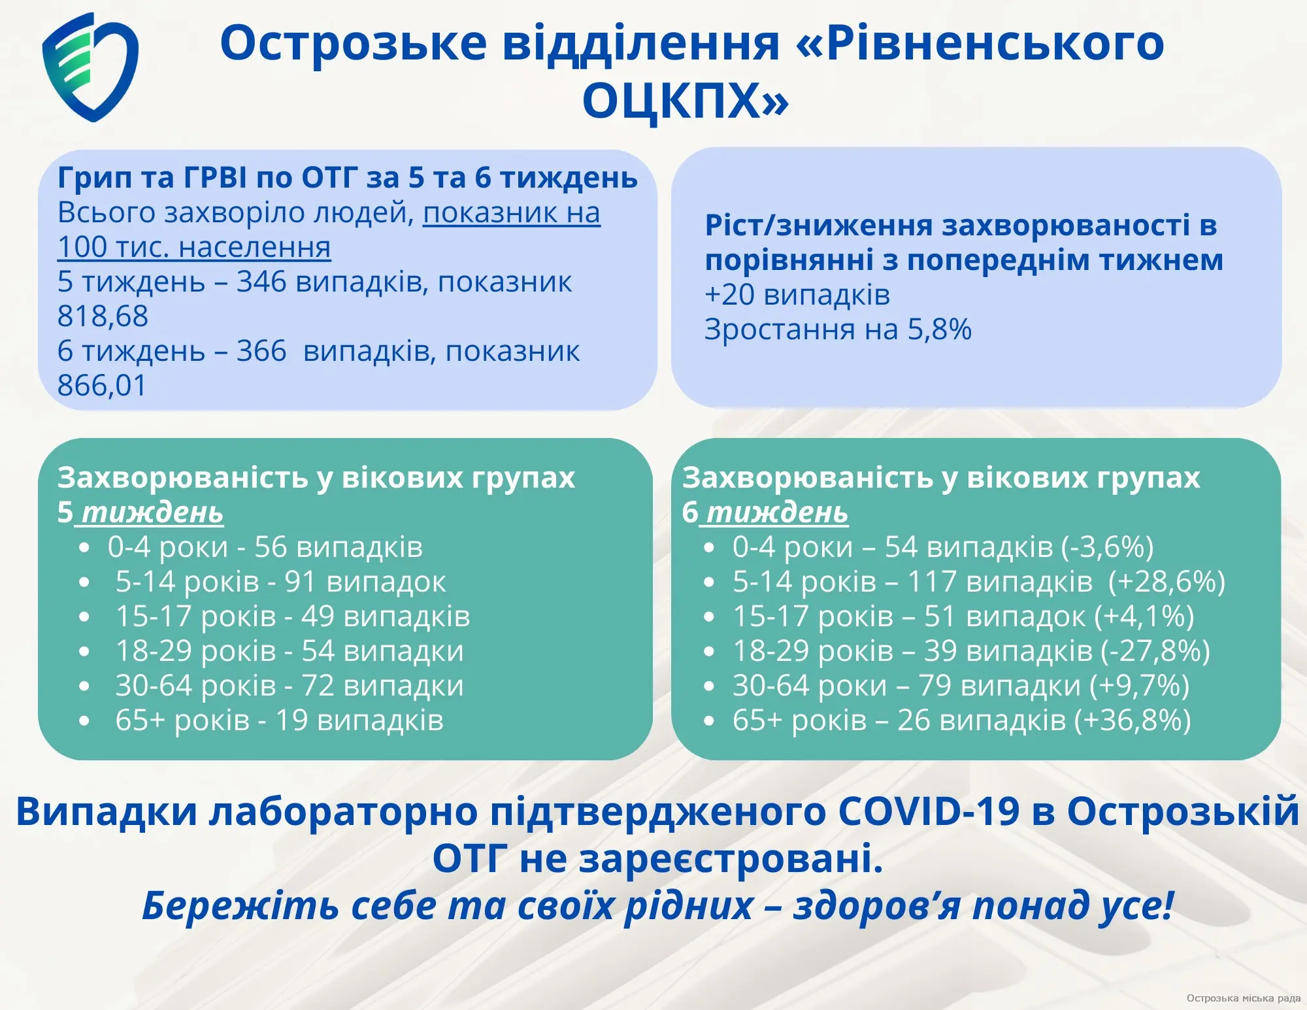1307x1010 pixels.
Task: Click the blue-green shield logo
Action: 90,67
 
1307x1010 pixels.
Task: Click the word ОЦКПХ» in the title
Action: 686,101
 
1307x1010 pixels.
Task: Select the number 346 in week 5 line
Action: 261,282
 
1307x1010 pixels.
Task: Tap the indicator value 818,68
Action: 103,316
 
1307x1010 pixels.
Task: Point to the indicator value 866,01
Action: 102,386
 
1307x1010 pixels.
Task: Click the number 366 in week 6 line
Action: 261,351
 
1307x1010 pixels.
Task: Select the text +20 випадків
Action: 797,295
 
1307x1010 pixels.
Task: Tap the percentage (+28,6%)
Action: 1167,582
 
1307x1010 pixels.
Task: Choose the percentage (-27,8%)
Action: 1155,651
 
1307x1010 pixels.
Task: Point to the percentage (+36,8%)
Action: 1133,720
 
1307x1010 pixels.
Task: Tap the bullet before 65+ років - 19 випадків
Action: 84,721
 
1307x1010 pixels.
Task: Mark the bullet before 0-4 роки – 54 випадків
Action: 709,548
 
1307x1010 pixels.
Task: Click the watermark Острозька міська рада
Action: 1244,998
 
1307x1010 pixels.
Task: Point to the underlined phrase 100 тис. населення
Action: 194,247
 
